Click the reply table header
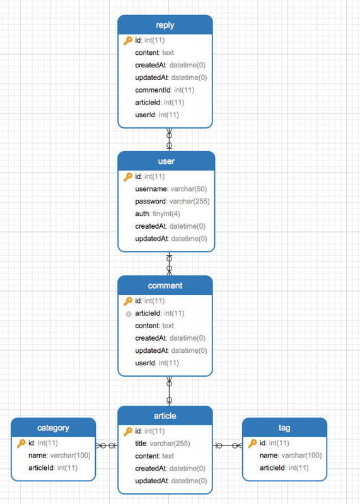(165, 25)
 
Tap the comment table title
(165, 285)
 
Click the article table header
(165, 416)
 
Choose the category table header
(53, 428)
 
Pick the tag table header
(284, 428)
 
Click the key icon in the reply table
(128, 41)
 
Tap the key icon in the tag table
(253, 444)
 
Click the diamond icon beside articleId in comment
(128, 314)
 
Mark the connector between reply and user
(169, 139)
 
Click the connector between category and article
(107, 446)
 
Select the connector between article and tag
(228, 446)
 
